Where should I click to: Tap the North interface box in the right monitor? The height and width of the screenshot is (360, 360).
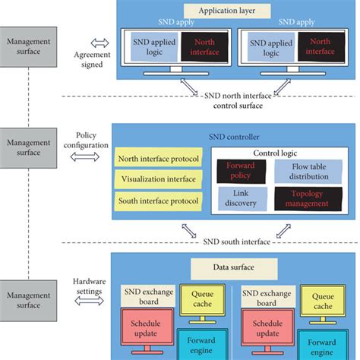317,46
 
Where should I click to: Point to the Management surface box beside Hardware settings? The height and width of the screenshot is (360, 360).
27,294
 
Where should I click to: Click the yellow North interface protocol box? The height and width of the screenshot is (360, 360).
158,159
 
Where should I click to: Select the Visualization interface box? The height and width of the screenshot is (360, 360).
158,180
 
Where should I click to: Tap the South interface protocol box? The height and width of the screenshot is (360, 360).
158,201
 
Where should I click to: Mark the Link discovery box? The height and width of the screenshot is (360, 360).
239,198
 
